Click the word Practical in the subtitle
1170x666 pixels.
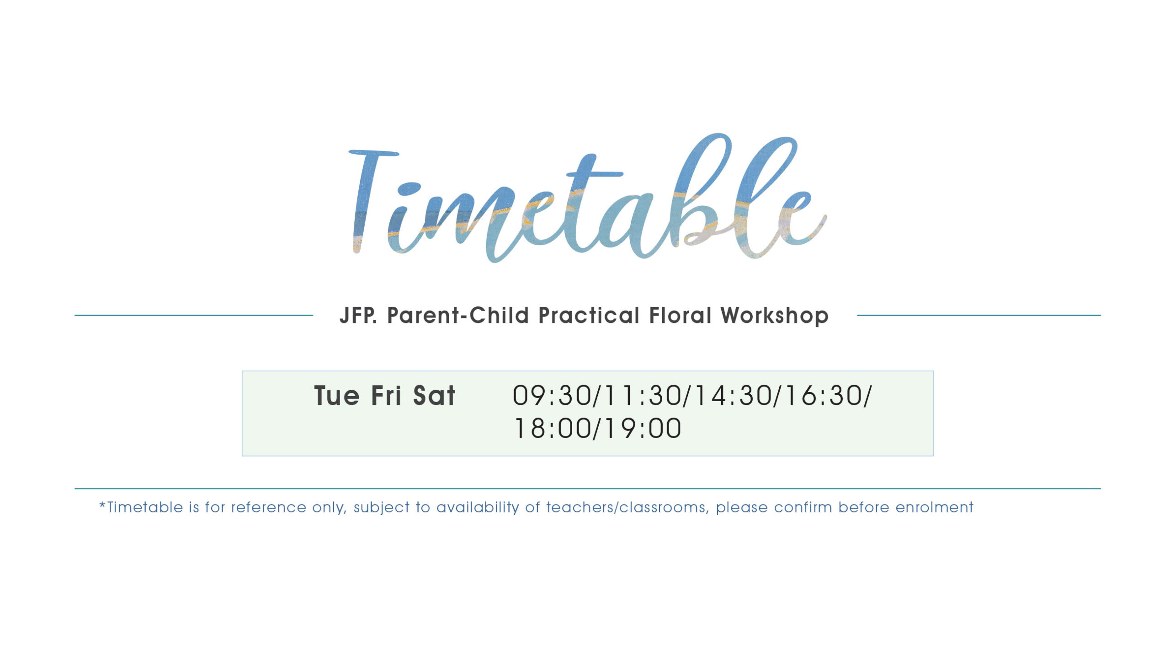point(589,315)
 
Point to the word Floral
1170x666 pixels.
point(680,315)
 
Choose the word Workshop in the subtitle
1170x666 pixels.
point(775,316)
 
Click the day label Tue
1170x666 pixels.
point(337,396)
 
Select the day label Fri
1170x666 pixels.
point(386,396)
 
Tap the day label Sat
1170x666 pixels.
point(434,396)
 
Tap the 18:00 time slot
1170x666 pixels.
point(553,429)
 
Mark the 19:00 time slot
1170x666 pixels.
point(643,429)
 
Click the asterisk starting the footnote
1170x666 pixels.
point(102,505)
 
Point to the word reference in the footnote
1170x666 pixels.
point(269,507)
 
